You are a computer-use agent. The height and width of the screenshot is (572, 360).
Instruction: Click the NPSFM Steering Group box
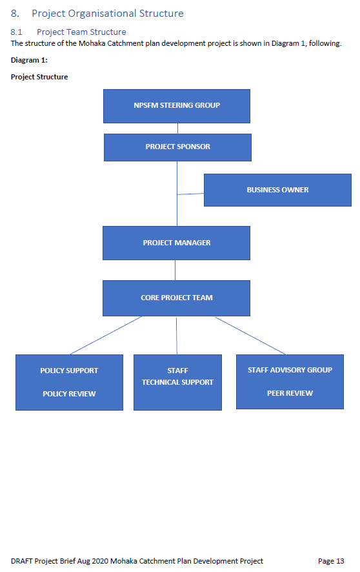177,106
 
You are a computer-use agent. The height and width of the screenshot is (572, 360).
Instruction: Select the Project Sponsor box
178,147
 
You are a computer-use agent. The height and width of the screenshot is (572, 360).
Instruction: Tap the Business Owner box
277,190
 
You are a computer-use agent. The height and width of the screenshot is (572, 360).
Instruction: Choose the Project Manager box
176,243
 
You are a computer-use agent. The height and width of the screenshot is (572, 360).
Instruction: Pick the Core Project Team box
176,298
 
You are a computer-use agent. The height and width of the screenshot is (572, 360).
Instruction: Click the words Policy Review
69,394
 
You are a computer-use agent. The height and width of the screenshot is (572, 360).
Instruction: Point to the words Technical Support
178,382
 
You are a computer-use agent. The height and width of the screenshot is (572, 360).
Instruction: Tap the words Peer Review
290,393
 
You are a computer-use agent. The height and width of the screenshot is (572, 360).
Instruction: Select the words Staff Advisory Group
290,370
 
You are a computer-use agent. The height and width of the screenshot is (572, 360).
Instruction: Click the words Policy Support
69,371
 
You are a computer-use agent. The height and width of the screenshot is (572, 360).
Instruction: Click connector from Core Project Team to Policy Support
106,335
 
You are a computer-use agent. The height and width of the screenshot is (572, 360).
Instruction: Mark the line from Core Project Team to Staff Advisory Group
250,336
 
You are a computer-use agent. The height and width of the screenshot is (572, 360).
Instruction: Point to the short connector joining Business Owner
190,194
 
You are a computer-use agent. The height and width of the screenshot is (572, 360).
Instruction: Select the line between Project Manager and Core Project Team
175,270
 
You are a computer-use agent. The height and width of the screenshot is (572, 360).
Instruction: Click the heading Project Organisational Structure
108,14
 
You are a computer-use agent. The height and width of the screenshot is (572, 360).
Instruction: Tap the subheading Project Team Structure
81,32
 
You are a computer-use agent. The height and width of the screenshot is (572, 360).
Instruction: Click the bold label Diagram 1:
29,60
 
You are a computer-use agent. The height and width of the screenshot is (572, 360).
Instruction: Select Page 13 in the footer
331,561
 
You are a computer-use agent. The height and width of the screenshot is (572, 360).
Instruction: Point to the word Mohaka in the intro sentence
92,43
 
